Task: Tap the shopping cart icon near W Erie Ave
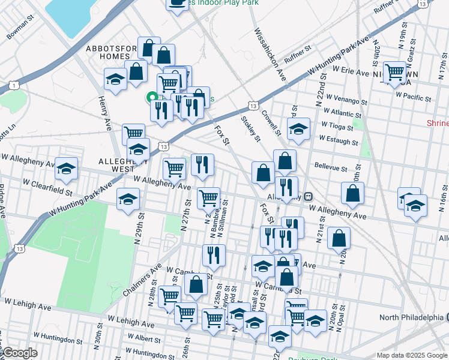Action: [x=395, y=72]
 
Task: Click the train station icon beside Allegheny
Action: [x=307, y=196]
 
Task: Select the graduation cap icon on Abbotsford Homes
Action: [x=115, y=79]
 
